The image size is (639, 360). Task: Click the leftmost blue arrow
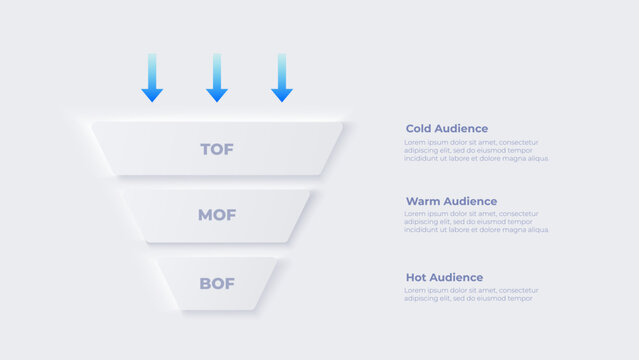pos(152,78)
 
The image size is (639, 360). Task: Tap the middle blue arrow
pos(217,78)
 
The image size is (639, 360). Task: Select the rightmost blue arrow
pos(282,78)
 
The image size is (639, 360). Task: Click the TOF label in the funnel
pos(217,149)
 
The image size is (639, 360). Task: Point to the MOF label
pos(217,215)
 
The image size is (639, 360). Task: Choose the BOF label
pos(217,283)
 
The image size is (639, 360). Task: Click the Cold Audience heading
pos(447,129)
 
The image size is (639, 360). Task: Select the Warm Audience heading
pos(451,201)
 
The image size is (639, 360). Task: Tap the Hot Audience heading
pos(444,277)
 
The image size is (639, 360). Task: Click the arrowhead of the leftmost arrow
pos(152,95)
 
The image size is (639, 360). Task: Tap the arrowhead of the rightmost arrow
pos(282,95)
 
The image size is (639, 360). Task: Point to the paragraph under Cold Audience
pos(477,150)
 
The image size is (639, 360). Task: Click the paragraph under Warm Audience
pos(477,222)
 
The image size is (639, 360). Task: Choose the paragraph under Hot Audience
pos(470,294)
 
